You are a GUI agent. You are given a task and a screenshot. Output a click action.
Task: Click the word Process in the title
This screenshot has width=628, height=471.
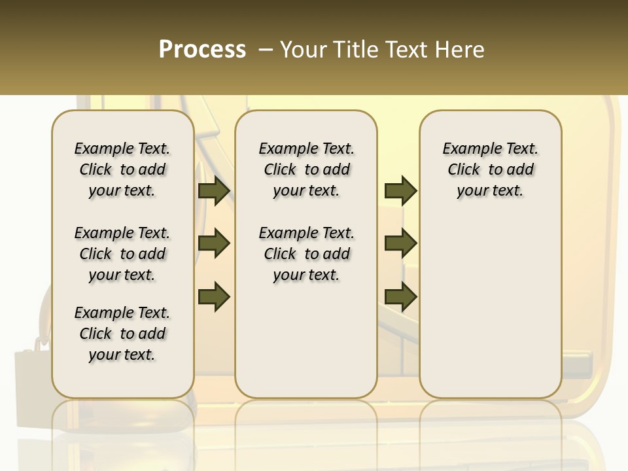click(x=202, y=50)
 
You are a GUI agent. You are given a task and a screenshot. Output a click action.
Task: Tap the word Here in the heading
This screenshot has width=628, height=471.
click(x=458, y=50)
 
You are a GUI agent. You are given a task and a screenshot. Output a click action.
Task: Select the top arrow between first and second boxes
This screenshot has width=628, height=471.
click(x=214, y=190)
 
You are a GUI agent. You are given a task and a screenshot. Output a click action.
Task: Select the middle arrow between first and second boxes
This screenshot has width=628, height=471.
click(x=214, y=243)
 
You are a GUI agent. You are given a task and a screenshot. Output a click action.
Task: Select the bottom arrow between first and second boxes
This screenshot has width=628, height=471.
click(x=214, y=296)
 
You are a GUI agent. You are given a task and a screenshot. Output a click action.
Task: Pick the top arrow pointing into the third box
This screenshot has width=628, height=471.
click(x=400, y=190)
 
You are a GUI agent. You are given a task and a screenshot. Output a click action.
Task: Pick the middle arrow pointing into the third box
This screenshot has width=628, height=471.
click(x=400, y=243)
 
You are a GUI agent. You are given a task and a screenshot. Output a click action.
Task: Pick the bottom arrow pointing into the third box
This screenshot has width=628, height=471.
click(x=400, y=296)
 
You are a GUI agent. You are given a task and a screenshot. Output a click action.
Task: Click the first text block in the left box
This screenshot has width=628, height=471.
click(x=122, y=169)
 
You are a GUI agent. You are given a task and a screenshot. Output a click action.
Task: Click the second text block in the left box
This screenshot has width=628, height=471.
click(x=122, y=254)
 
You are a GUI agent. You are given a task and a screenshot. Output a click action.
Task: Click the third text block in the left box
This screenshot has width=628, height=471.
click(x=122, y=334)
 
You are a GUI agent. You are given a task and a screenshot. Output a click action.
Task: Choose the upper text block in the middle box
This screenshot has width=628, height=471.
click(x=306, y=169)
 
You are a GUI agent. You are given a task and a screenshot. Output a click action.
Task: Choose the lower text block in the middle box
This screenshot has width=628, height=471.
click(x=306, y=254)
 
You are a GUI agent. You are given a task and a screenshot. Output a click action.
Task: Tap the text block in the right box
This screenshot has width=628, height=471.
click(x=490, y=169)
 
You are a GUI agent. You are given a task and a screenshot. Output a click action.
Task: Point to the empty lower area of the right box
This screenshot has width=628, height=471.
click(x=490, y=307)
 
